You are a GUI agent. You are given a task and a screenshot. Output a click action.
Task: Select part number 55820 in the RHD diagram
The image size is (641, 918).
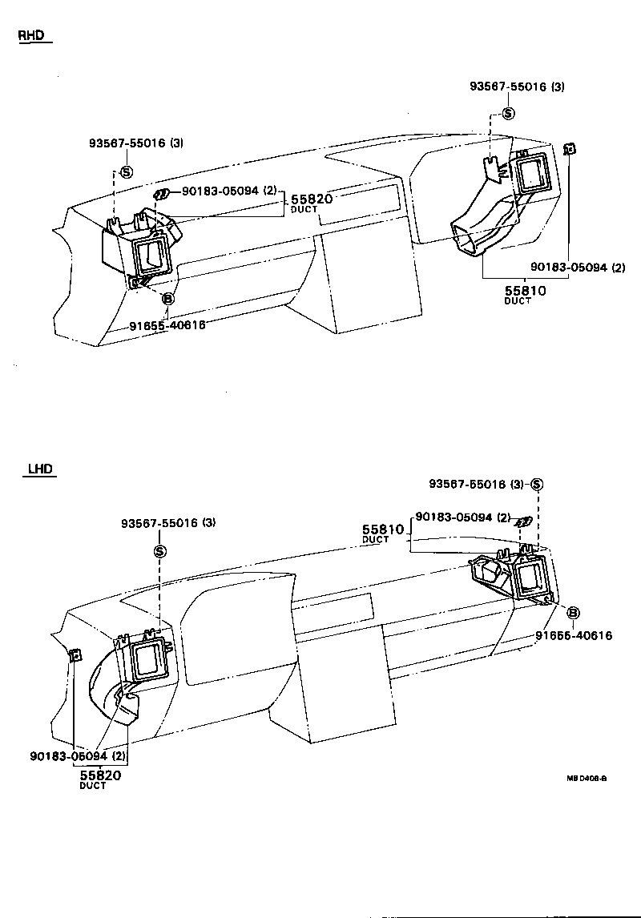pyautogui.click(x=311, y=198)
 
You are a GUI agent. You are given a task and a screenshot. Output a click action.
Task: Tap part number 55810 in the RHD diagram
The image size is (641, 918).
pyautogui.click(x=526, y=291)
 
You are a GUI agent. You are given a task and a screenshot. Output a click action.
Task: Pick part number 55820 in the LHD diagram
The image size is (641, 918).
pyautogui.click(x=100, y=775)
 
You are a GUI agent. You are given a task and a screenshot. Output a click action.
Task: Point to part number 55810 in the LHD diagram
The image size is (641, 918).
pyautogui.click(x=382, y=529)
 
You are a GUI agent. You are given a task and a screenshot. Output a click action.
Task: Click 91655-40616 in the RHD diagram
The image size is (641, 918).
pyautogui.click(x=167, y=325)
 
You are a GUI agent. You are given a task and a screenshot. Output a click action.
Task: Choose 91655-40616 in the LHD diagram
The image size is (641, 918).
pyautogui.click(x=574, y=635)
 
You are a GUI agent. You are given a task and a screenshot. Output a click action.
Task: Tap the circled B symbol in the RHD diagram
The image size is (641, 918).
pyautogui.click(x=168, y=299)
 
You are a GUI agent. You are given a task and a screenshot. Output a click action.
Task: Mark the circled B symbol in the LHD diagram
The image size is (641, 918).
pyautogui.click(x=574, y=613)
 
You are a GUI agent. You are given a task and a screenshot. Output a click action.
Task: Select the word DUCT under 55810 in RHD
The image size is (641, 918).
pyautogui.click(x=518, y=301)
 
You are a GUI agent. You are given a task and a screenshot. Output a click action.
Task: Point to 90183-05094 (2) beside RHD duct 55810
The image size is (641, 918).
pyautogui.click(x=577, y=268)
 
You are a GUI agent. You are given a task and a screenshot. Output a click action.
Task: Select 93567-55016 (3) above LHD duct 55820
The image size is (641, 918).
pyautogui.click(x=168, y=523)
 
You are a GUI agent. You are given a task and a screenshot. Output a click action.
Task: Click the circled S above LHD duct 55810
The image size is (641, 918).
pyautogui.click(x=537, y=484)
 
